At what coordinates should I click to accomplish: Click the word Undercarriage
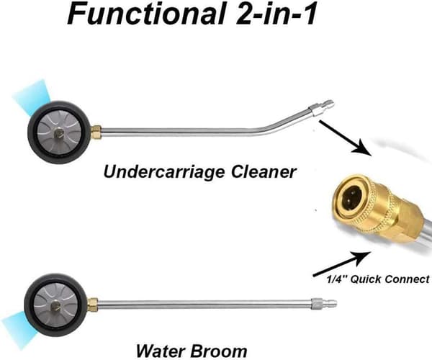(x=164, y=172)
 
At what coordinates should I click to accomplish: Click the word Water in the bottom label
(x=161, y=351)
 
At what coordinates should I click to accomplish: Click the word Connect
(x=407, y=279)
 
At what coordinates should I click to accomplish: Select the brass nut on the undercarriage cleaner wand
(x=96, y=132)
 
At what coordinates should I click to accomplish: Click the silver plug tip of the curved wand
(x=322, y=107)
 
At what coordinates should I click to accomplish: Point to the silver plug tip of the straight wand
(x=324, y=305)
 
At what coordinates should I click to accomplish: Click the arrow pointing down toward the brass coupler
(x=346, y=138)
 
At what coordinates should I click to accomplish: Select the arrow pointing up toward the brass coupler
(x=341, y=264)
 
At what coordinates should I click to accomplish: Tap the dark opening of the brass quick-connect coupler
(x=352, y=197)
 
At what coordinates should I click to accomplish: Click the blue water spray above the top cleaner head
(x=33, y=96)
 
